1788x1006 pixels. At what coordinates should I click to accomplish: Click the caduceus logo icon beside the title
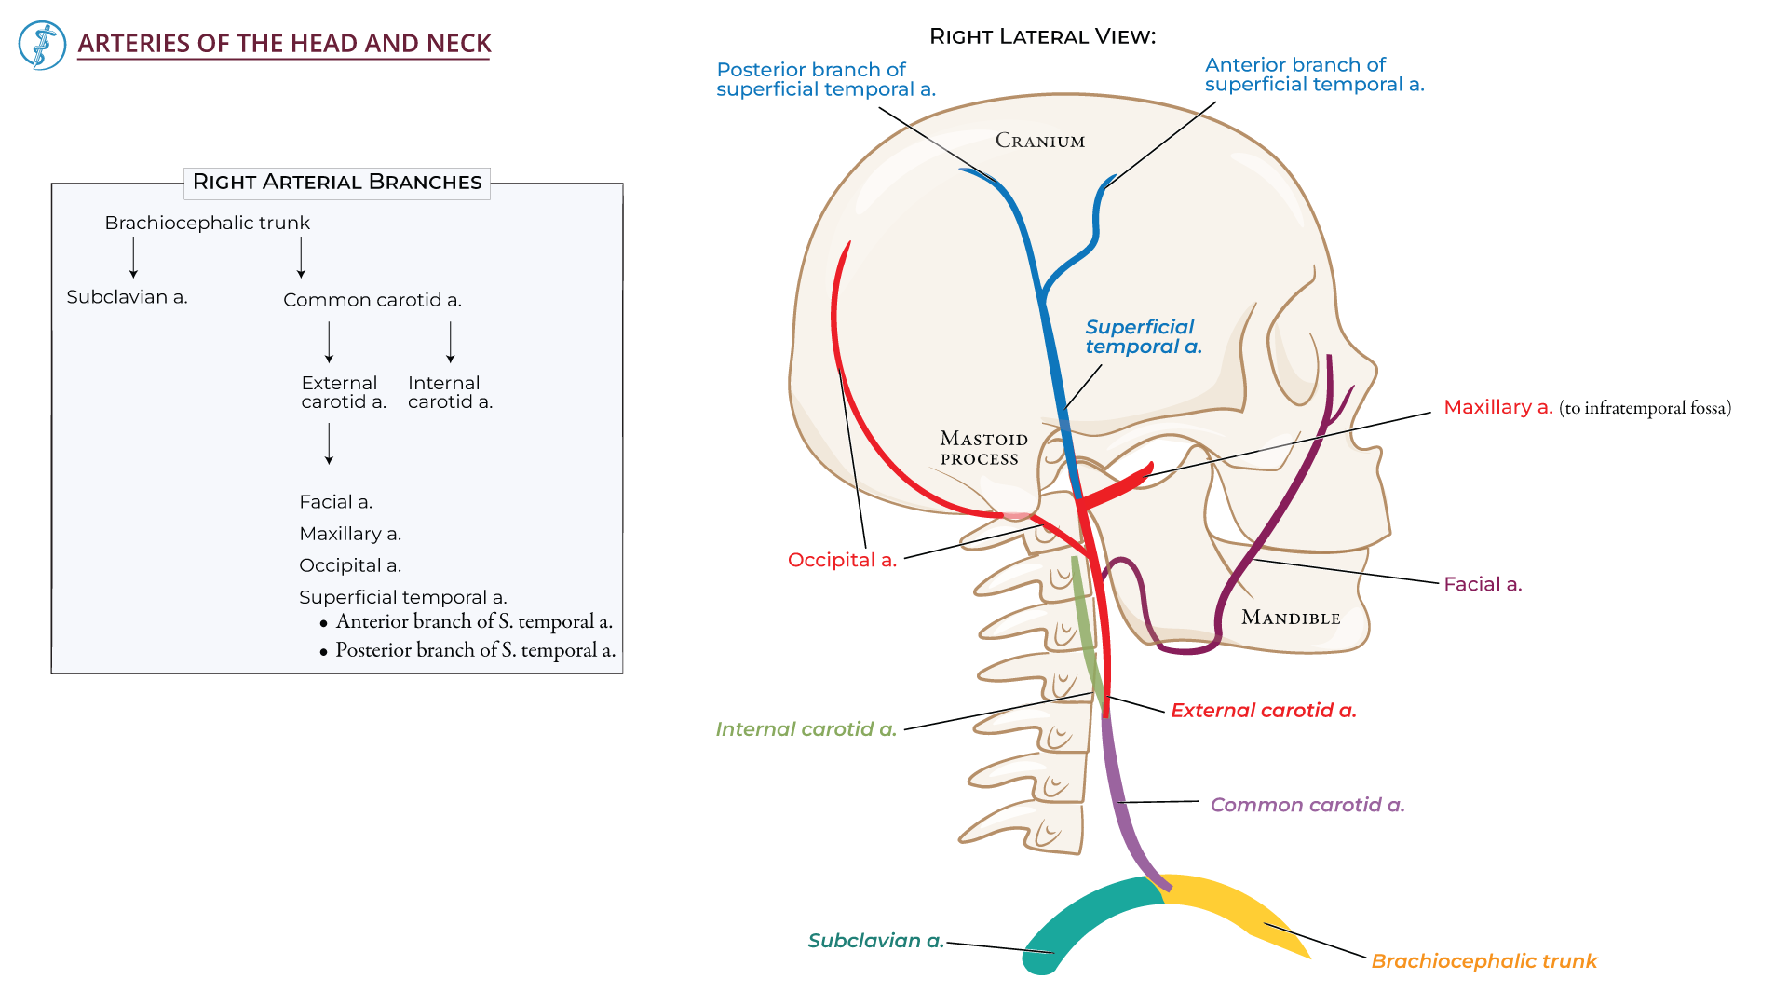[42, 45]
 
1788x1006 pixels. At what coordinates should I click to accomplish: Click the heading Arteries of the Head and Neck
[284, 44]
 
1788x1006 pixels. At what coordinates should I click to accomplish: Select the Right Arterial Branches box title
[337, 182]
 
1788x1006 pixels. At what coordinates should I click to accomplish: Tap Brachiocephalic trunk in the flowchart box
[207, 223]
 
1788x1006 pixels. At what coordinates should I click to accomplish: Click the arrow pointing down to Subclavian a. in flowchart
[134, 257]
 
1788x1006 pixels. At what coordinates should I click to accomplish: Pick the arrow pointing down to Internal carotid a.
[451, 342]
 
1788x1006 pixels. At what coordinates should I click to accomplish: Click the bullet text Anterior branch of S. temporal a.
[473, 621]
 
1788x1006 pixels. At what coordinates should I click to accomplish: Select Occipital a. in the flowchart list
[350, 565]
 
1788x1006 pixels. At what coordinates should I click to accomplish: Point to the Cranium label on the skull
[1040, 141]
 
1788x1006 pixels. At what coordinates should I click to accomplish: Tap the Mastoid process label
[982, 448]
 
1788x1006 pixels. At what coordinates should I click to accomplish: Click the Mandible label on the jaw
[1291, 618]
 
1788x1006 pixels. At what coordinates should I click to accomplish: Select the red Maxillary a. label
[1497, 407]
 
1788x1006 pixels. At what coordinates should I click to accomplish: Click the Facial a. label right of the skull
[1483, 584]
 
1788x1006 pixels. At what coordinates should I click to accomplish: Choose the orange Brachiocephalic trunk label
[1483, 960]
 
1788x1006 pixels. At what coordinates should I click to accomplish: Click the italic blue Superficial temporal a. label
[1143, 336]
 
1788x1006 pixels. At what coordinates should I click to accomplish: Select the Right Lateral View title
[1042, 36]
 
